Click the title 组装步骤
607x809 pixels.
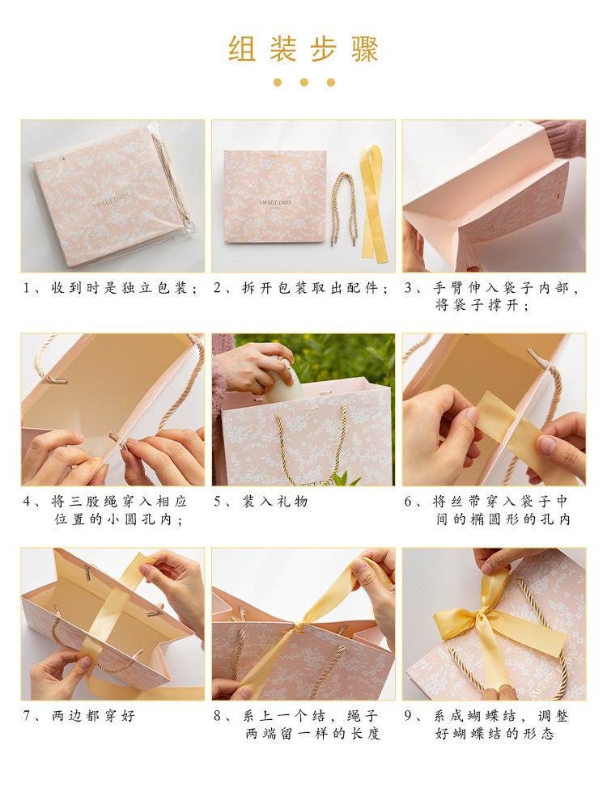pos(303,49)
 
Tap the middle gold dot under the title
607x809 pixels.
pos(304,82)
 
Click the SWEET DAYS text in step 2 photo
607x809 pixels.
pos(275,203)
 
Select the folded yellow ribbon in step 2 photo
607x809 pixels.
pos(374,202)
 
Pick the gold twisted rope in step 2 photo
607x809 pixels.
pos(342,209)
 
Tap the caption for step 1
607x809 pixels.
pos(110,288)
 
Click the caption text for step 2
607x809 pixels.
pos(301,288)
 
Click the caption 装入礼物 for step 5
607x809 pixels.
pos(274,502)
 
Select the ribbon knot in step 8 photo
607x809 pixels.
pos(299,627)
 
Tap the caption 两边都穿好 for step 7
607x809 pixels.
pos(93,716)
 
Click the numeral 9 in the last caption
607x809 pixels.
pos(408,716)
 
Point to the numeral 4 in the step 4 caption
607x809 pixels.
pos(27,502)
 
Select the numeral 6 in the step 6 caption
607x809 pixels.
pos(408,502)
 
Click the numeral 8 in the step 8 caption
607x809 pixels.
pos(218,716)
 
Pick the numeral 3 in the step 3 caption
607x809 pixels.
pos(408,288)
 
